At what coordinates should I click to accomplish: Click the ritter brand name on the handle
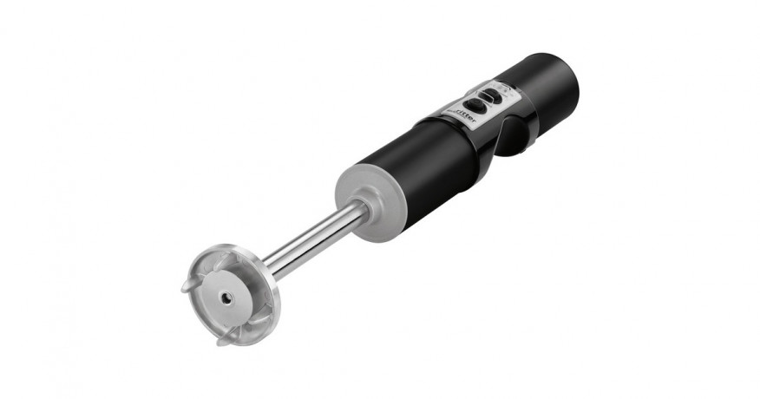pos(463,116)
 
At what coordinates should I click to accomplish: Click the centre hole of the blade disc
pos(226,297)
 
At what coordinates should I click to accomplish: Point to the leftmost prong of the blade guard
pos(187,286)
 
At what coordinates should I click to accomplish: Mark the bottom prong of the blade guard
pos(223,339)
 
